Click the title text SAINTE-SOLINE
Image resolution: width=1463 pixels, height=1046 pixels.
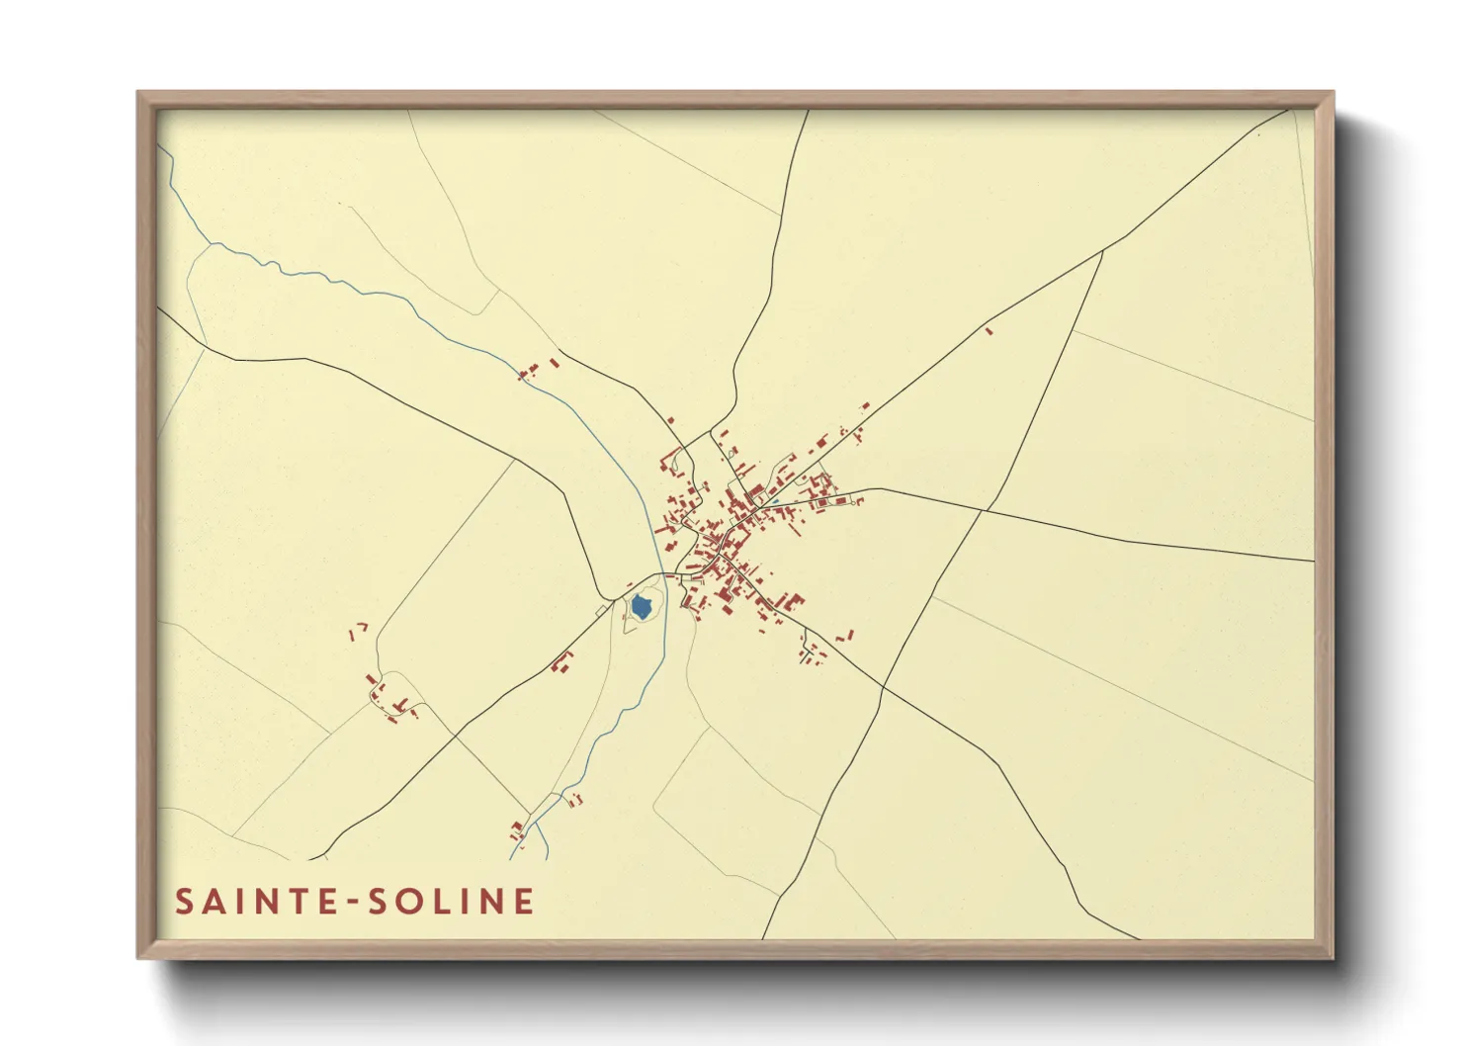(355, 902)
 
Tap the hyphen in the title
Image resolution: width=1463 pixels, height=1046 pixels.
(348, 903)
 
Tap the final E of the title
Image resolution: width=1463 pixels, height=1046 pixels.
(524, 902)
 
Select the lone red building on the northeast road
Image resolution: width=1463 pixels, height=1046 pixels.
(988, 330)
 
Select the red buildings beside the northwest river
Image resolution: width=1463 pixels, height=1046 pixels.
(534, 370)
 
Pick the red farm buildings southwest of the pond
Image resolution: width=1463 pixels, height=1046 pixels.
(561, 662)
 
